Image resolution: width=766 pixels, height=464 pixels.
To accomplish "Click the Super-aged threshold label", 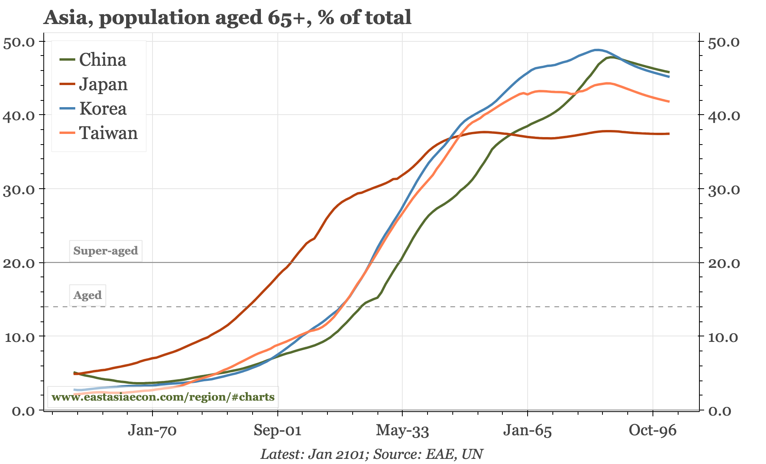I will click(106, 251).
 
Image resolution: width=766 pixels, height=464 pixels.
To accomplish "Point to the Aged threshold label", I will click(87, 295).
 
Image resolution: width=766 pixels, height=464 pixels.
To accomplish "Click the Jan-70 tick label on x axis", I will click(152, 430).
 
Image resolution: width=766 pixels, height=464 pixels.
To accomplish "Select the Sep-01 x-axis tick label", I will click(277, 430).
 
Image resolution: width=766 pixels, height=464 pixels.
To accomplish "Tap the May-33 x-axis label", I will click(402, 430).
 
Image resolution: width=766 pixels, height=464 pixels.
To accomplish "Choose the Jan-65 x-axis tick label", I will click(527, 430).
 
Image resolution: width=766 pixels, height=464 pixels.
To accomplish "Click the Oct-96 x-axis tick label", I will click(653, 430).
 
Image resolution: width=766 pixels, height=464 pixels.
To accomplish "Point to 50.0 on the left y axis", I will click(19, 42).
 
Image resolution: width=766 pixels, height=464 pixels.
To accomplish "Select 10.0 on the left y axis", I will click(19, 337).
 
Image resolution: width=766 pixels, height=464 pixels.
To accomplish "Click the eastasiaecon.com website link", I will click(163, 397).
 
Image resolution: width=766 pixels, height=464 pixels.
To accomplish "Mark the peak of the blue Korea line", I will click(597, 50).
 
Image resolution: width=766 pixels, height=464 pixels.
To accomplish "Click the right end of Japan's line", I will click(669, 134).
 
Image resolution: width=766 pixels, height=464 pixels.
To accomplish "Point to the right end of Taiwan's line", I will click(669, 102).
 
